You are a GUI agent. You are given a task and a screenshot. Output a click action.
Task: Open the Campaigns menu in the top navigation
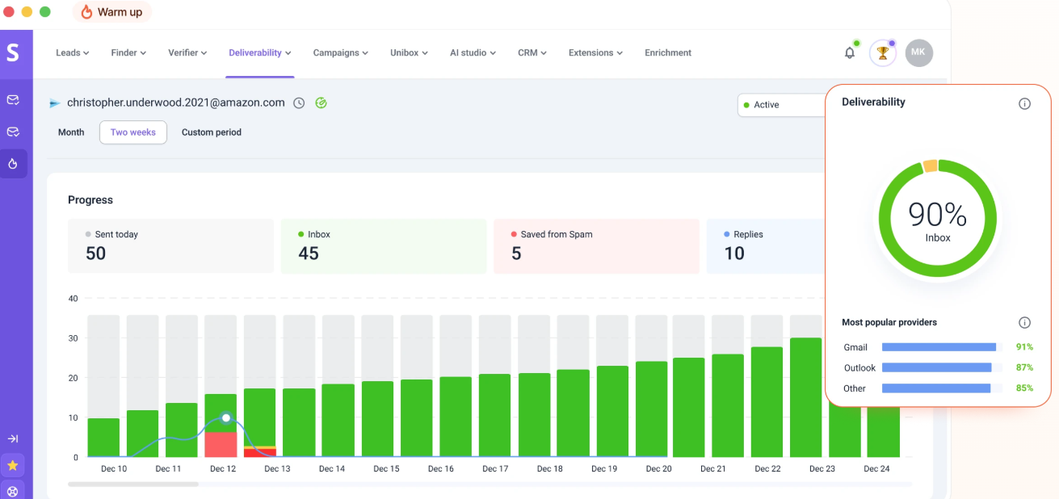[340, 53]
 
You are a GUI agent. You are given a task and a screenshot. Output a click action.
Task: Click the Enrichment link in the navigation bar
[667, 53]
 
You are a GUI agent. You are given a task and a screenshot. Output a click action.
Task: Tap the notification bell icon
[850, 53]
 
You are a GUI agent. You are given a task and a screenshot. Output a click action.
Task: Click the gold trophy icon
[882, 53]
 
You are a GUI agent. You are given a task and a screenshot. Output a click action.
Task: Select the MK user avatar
[918, 52]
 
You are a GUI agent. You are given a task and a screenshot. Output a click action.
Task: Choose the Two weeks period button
[132, 132]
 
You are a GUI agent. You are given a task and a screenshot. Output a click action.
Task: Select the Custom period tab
[212, 132]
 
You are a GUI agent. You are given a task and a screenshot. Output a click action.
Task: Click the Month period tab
[71, 132]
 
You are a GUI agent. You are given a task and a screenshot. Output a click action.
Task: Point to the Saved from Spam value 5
[516, 254]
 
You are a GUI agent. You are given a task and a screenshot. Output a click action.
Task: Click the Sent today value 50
[95, 254]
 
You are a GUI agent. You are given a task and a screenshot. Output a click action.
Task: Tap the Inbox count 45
[309, 254]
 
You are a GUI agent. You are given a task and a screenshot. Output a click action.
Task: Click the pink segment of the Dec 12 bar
[221, 445]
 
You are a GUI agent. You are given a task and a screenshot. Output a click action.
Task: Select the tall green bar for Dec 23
[805, 397]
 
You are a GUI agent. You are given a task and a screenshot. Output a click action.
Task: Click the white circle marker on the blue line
[226, 417]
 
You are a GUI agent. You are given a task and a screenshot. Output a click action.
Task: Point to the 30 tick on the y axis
[73, 338]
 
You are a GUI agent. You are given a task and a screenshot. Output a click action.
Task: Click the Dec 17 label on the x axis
[495, 469]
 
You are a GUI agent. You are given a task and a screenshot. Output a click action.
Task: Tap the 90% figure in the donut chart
[937, 215]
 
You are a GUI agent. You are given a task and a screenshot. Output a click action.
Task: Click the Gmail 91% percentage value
[1024, 347]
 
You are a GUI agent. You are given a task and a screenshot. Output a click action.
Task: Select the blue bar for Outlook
[936, 367]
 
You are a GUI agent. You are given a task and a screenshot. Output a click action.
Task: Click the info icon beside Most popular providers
[1024, 323]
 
